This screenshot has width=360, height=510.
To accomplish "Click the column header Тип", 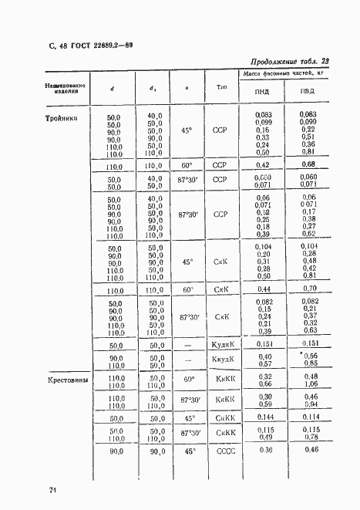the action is coord(223,87).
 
